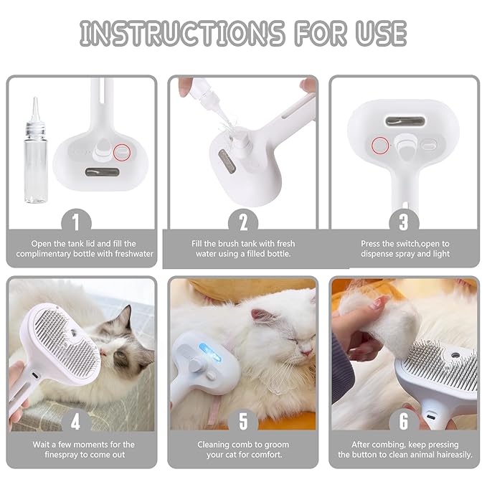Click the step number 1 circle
[81, 219]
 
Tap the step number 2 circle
[242, 219]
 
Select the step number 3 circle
[404, 219]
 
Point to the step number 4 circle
[81, 420]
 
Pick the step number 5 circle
[242, 420]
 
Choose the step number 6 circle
[404, 420]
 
